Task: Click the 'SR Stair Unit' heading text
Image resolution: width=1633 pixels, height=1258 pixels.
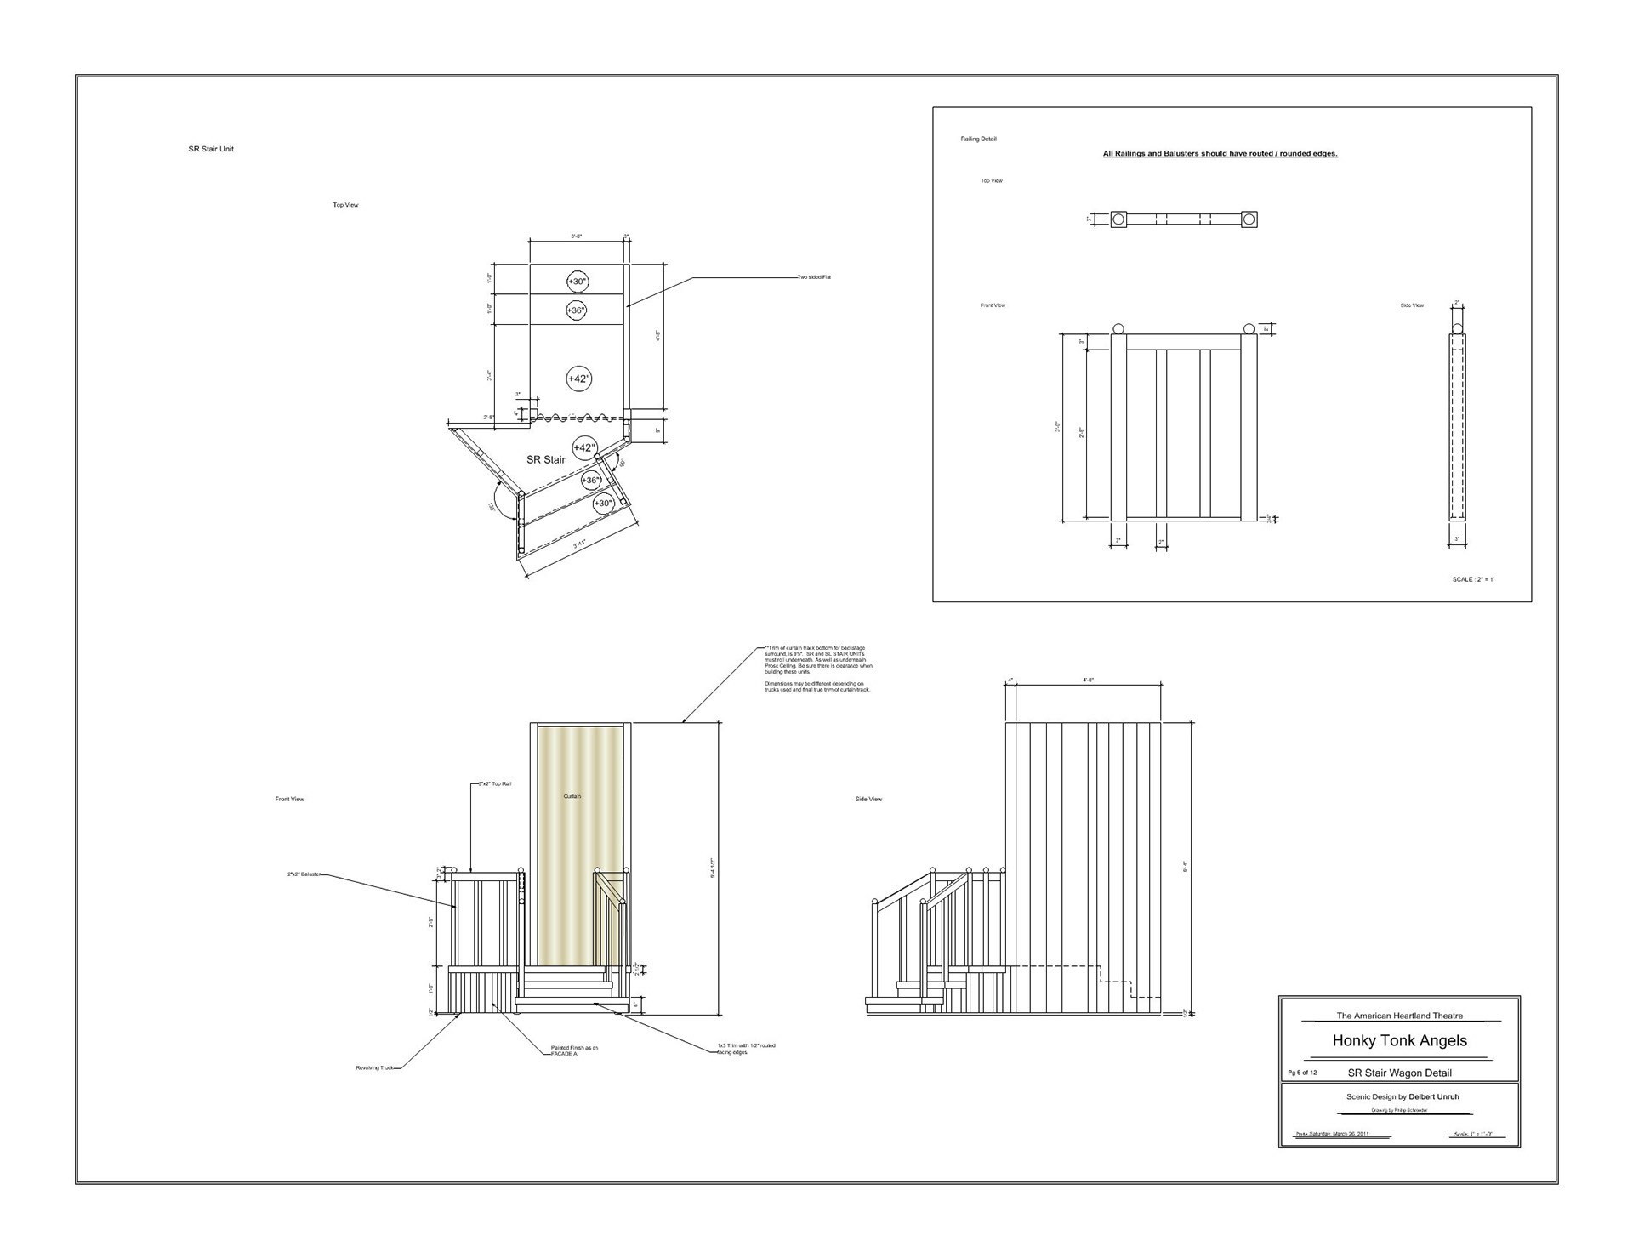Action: tap(211, 149)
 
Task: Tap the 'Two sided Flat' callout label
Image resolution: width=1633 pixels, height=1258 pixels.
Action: tap(814, 277)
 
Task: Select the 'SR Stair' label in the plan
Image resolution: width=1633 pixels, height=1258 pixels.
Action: tap(545, 460)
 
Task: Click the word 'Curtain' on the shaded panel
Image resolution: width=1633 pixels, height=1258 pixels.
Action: tap(572, 796)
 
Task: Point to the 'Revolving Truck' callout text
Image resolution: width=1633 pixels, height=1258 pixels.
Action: tap(374, 1067)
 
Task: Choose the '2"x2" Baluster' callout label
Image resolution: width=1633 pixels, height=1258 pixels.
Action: tap(304, 874)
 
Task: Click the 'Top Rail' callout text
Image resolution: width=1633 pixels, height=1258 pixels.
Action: tap(495, 783)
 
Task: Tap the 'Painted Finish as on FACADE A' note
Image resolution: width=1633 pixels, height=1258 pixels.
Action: tap(574, 1050)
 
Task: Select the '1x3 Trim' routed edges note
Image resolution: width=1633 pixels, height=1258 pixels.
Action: tap(746, 1049)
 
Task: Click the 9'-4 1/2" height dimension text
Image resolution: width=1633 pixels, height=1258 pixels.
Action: tap(712, 868)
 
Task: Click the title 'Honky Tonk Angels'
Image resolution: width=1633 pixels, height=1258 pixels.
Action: tap(1399, 1040)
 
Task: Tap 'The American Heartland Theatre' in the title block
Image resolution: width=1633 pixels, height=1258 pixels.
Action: tap(1399, 1016)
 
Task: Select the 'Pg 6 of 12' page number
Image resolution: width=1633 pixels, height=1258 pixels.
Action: tap(1302, 1073)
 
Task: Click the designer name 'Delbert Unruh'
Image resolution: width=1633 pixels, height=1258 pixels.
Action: tap(1433, 1096)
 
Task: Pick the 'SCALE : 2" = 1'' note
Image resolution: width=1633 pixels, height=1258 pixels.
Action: tap(1473, 579)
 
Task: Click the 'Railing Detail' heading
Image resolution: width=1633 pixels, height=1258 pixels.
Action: tap(978, 139)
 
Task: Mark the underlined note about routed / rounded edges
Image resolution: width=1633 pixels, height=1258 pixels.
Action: tap(1220, 154)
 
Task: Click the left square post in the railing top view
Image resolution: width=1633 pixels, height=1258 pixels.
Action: tap(1118, 219)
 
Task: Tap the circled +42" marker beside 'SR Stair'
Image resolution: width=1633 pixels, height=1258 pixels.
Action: tap(584, 447)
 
